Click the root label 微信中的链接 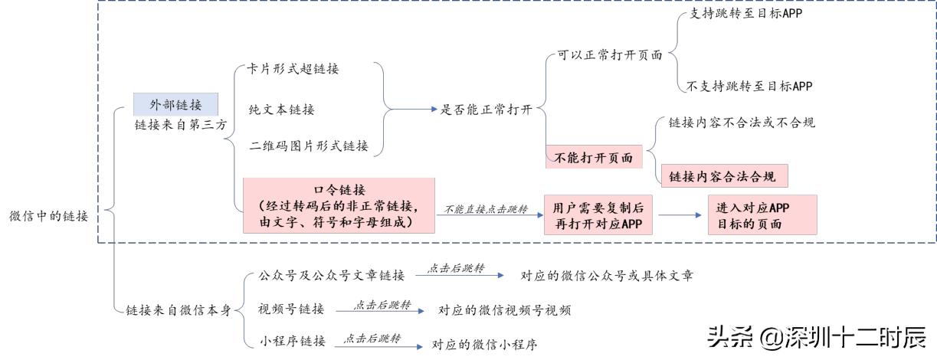click(x=48, y=216)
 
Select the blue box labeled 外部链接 click(x=175, y=105)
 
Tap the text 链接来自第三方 click(x=180, y=126)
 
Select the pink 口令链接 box click(x=339, y=205)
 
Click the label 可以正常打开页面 click(x=605, y=55)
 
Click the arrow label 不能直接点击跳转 click(x=485, y=209)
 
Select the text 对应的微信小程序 click(x=484, y=345)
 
